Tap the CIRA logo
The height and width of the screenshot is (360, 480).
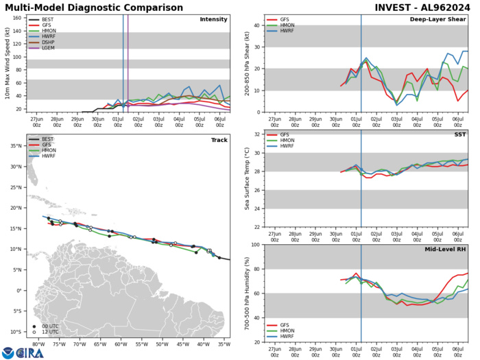(x=23, y=352)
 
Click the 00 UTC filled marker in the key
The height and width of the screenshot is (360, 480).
(x=34, y=326)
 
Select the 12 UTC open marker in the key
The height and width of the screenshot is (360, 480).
(x=34, y=333)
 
